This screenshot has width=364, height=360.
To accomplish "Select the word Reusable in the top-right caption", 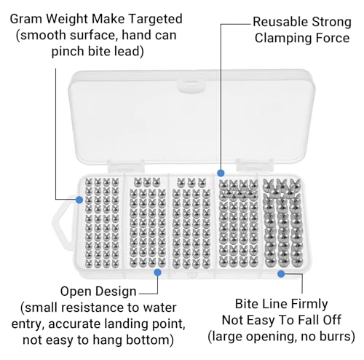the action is [x=280, y=22].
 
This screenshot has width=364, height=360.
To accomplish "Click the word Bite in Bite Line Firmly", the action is [x=246, y=304].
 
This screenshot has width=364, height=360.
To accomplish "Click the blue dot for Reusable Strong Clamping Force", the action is [x=221, y=173].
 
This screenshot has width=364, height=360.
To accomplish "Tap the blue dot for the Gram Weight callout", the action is [x=79, y=200].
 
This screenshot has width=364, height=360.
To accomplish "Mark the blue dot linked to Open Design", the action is [x=157, y=273].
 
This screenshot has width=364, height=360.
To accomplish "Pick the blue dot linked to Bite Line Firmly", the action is [x=281, y=274].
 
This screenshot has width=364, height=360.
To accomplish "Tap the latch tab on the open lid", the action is [x=191, y=86].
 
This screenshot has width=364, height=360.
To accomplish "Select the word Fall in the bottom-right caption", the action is [x=308, y=320].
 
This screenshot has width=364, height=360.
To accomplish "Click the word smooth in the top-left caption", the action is [x=42, y=35].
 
